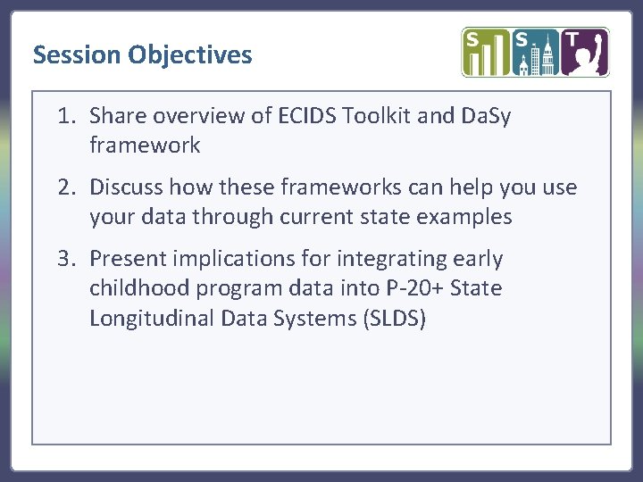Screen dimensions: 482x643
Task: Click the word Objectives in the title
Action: [x=189, y=55]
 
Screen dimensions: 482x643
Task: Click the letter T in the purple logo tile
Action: [x=572, y=40]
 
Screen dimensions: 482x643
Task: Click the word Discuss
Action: [x=126, y=187]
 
